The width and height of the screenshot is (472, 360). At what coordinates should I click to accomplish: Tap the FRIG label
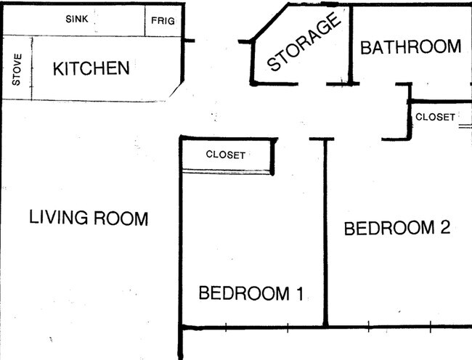click(x=163, y=21)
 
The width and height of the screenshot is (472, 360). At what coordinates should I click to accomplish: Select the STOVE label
click(x=17, y=70)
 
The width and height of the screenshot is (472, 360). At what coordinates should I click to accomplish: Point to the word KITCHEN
click(x=91, y=69)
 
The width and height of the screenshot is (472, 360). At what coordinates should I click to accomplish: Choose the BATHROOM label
click(x=410, y=47)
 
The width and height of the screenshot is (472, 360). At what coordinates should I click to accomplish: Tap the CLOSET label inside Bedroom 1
click(x=226, y=155)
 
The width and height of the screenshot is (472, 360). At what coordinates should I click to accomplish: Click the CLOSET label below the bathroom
click(x=435, y=117)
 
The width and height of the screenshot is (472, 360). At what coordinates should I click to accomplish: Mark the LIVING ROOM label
click(x=89, y=218)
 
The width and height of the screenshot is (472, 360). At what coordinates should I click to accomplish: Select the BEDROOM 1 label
click(x=251, y=294)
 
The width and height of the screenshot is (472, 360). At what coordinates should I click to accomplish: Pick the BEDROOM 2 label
click(x=397, y=228)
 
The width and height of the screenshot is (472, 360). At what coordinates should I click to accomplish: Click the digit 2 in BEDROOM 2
click(x=445, y=228)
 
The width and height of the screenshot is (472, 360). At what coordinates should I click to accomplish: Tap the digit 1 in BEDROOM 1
click(x=297, y=294)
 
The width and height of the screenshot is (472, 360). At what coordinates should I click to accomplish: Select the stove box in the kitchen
click(x=17, y=70)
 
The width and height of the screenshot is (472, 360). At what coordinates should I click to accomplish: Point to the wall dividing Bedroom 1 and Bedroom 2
click(x=326, y=232)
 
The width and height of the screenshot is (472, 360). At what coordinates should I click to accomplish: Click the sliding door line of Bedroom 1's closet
click(x=227, y=171)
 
